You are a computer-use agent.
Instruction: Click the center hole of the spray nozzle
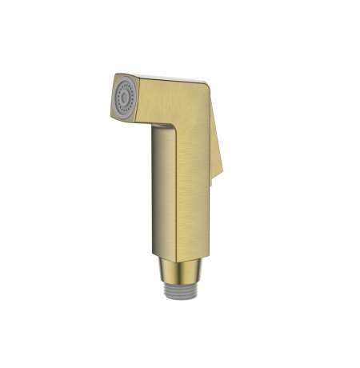coord(124,96)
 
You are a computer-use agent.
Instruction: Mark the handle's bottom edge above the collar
coord(176,257)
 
